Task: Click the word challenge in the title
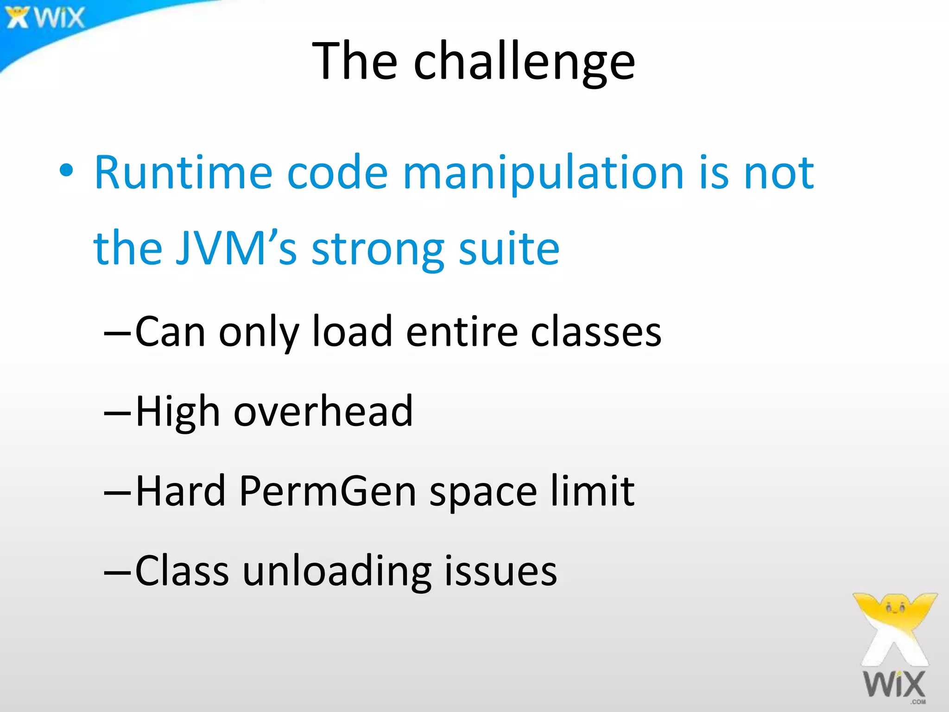524,63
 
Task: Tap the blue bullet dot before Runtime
66,171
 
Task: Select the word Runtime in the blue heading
183,172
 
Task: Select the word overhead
323,411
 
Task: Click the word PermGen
328,491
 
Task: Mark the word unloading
337,572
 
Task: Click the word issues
500,571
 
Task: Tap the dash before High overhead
118,412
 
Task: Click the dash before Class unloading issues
118,572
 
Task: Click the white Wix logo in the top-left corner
45,18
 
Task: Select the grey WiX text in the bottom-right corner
894,684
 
